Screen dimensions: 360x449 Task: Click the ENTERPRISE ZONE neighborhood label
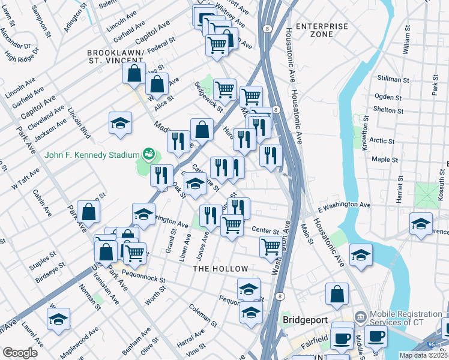tap(322, 30)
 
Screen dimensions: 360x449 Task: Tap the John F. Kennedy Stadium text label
tap(92, 155)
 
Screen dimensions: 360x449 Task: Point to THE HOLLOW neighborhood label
tap(220, 269)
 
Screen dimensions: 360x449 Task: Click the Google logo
tap(20, 353)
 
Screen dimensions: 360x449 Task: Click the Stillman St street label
tap(393, 79)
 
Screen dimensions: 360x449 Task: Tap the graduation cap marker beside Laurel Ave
tap(58, 319)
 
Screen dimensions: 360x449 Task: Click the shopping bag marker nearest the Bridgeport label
tap(337, 294)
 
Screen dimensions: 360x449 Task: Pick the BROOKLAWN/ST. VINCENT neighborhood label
tap(115, 56)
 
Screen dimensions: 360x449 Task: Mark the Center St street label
tap(265, 230)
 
